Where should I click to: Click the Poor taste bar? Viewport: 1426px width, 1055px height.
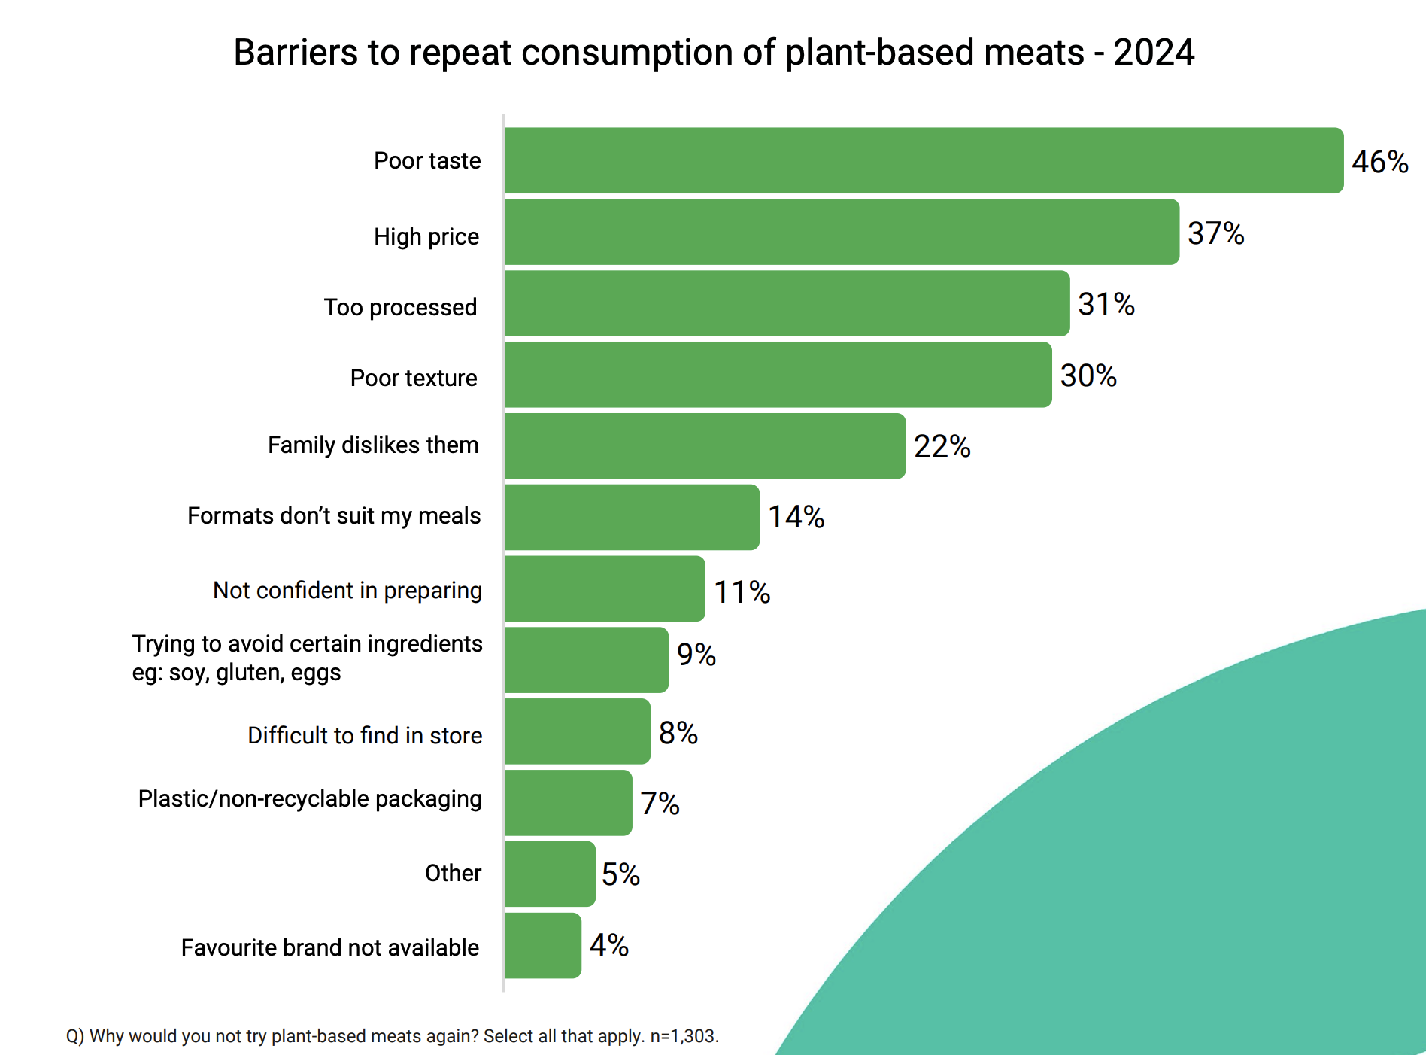(x=924, y=160)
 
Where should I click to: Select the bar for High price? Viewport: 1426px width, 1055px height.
(x=842, y=232)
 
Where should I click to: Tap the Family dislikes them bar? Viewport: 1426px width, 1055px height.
(x=705, y=446)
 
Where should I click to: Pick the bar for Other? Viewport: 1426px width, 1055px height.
(x=550, y=874)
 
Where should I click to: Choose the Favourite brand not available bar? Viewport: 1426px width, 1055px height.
(x=542, y=945)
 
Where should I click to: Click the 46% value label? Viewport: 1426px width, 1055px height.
(x=1379, y=162)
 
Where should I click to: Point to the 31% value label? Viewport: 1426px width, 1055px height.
(x=1106, y=304)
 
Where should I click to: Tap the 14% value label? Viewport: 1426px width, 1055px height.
(x=796, y=517)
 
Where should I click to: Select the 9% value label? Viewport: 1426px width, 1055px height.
(x=696, y=655)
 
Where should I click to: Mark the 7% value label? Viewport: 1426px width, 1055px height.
(x=660, y=804)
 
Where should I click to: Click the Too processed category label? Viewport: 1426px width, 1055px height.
(x=400, y=307)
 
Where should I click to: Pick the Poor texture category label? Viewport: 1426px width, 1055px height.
(x=414, y=378)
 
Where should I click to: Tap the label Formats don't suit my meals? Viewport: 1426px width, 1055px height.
(x=334, y=515)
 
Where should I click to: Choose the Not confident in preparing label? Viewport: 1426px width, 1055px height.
(x=347, y=591)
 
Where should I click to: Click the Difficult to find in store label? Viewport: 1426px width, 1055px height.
(x=365, y=735)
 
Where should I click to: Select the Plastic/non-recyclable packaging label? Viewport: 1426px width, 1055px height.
(x=310, y=798)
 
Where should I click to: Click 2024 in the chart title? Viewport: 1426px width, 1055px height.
(x=1153, y=53)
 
